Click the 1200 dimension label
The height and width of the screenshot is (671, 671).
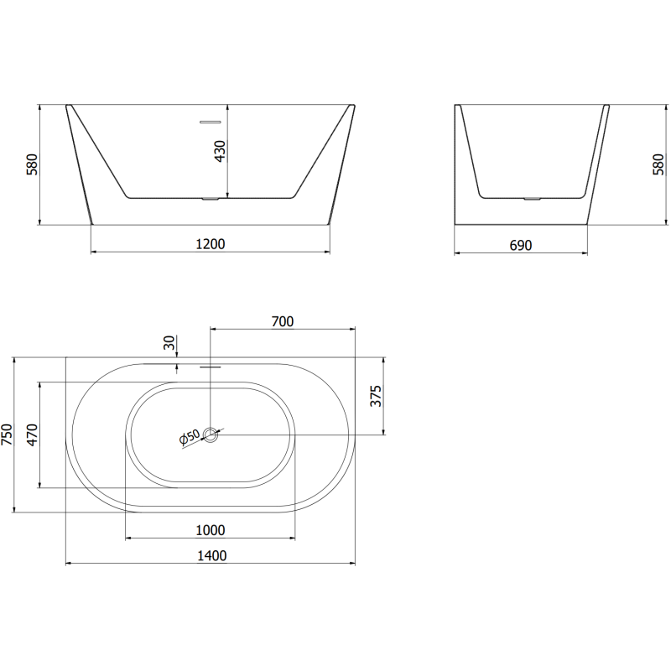211,244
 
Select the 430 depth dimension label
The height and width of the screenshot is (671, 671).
221,151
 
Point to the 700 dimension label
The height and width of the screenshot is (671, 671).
282,322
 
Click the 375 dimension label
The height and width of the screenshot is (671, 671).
377,396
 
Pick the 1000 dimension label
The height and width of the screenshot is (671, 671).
210,530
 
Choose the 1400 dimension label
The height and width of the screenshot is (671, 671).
211,555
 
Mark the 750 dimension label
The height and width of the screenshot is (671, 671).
8,434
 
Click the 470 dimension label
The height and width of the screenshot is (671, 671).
33,434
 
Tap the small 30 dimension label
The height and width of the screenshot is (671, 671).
169,343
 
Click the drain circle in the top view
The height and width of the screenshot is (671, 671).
211,435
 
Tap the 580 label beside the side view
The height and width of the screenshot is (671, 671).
658,164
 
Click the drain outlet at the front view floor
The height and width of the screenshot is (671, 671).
211,200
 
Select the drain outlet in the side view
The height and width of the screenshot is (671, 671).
530,200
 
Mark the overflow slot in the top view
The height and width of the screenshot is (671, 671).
210,367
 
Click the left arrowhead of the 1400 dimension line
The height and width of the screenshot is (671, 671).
68,563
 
